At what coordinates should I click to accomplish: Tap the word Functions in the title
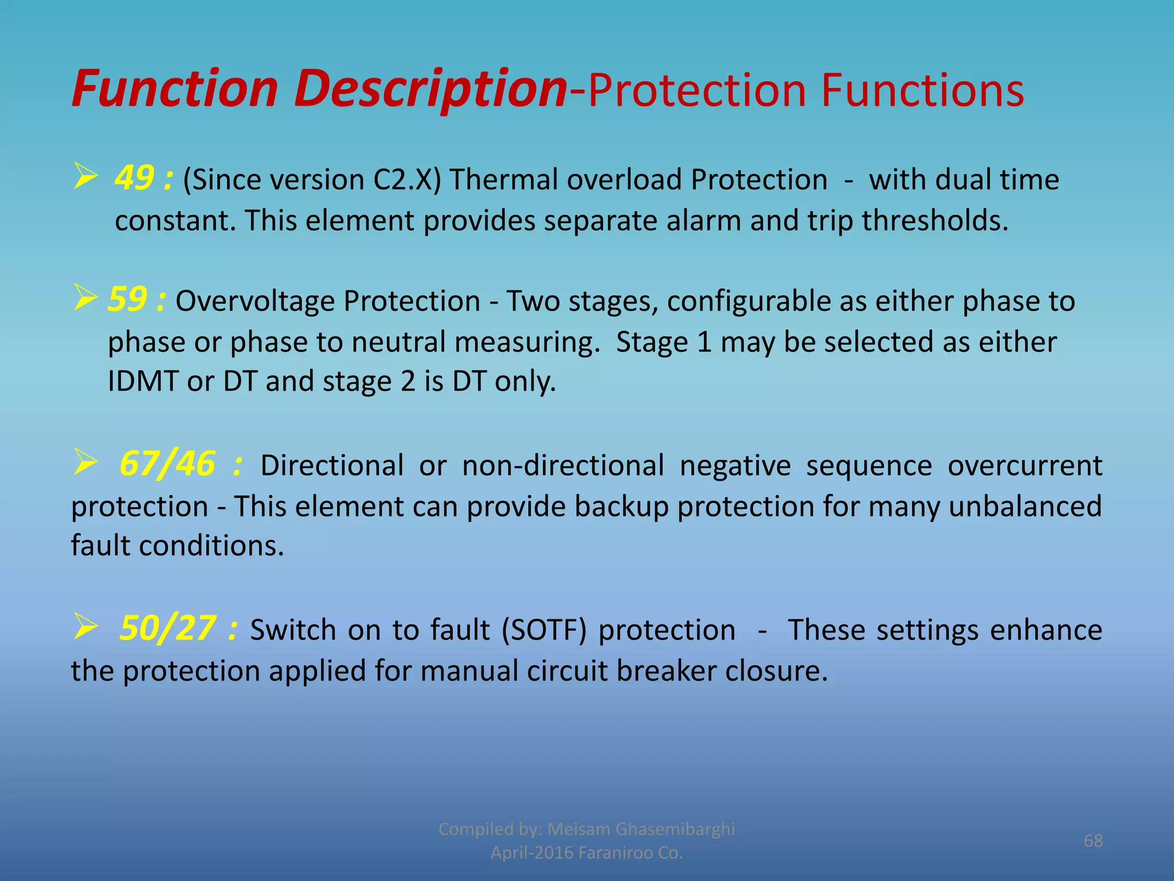pos(922,91)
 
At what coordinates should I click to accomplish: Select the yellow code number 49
pos(134,178)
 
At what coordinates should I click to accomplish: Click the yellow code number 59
pos(127,299)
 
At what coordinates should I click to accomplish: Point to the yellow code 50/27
pos(167,628)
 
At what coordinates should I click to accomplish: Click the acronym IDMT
pos(142,381)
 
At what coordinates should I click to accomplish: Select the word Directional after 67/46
pos(332,465)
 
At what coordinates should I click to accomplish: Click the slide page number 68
pos(1093,841)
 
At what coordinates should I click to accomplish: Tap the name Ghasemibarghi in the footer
pos(675,829)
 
